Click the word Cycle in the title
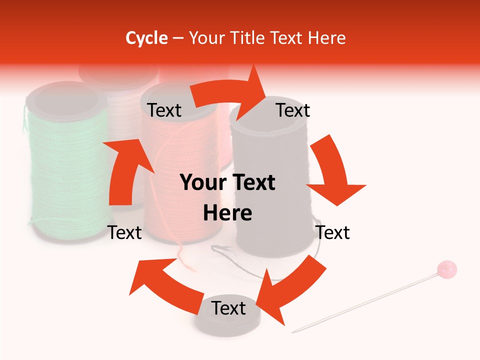pyautogui.click(x=146, y=38)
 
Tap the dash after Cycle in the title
pyautogui.click(x=178, y=38)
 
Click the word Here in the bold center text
pyautogui.click(x=227, y=213)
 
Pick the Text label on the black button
pyautogui.click(x=228, y=308)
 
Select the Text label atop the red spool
pyautogui.click(x=164, y=110)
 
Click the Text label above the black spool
pyautogui.click(x=293, y=110)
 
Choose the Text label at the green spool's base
pyautogui.click(x=125, y=232)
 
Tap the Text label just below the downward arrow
pyautogui.click(x=333, y=232)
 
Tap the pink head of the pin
pyautogui.click(x=446, y=269)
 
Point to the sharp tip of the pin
pyautogui.click(x=293, y=331)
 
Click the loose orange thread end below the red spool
pyautogui.click(x=187, y=262)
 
